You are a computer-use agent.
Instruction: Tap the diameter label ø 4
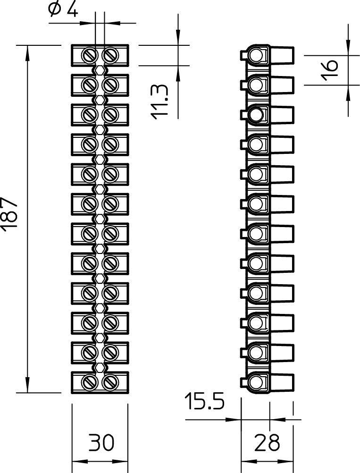pyautogui.click(x=63, y=9)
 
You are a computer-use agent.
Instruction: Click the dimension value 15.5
pyautogui.click(x=205, y=401)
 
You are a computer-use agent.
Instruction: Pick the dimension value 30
pyautogui.click(x=101, y=442)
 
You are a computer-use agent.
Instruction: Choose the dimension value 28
pyautogui.click(x=267, y=442)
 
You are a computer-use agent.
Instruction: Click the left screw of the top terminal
pyautogui.click(x=90, y=55)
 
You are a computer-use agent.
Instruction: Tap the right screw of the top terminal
pyautogui.click(x=110, y=55)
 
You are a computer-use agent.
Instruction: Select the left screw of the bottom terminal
pyautogui.click(x=90, y=382)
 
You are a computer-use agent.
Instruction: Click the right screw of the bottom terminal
pyautogui.click(x=110, y=382)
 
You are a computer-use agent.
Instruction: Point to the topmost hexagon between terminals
pyautogui.click(x=100, y=70)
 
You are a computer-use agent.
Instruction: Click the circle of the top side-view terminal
pyautogui.click(x=256, y=56)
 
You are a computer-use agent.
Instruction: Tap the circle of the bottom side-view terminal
pyautogui.click(x=256, y=382)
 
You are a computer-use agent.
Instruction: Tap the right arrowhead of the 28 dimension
pyautogui.click(x=286, y=462)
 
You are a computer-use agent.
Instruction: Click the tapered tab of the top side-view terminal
pyautogui.click(x=282, y=55)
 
